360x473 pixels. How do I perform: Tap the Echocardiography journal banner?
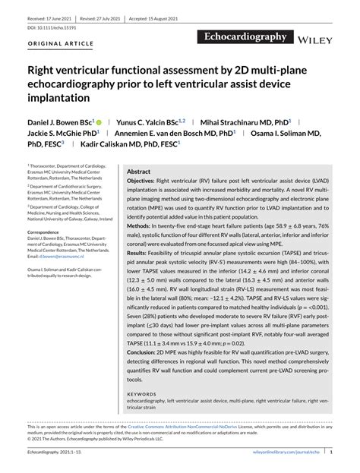245,36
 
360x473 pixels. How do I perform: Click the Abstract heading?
138,172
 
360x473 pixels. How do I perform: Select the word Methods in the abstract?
138,227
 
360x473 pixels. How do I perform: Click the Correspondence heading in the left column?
48,232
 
